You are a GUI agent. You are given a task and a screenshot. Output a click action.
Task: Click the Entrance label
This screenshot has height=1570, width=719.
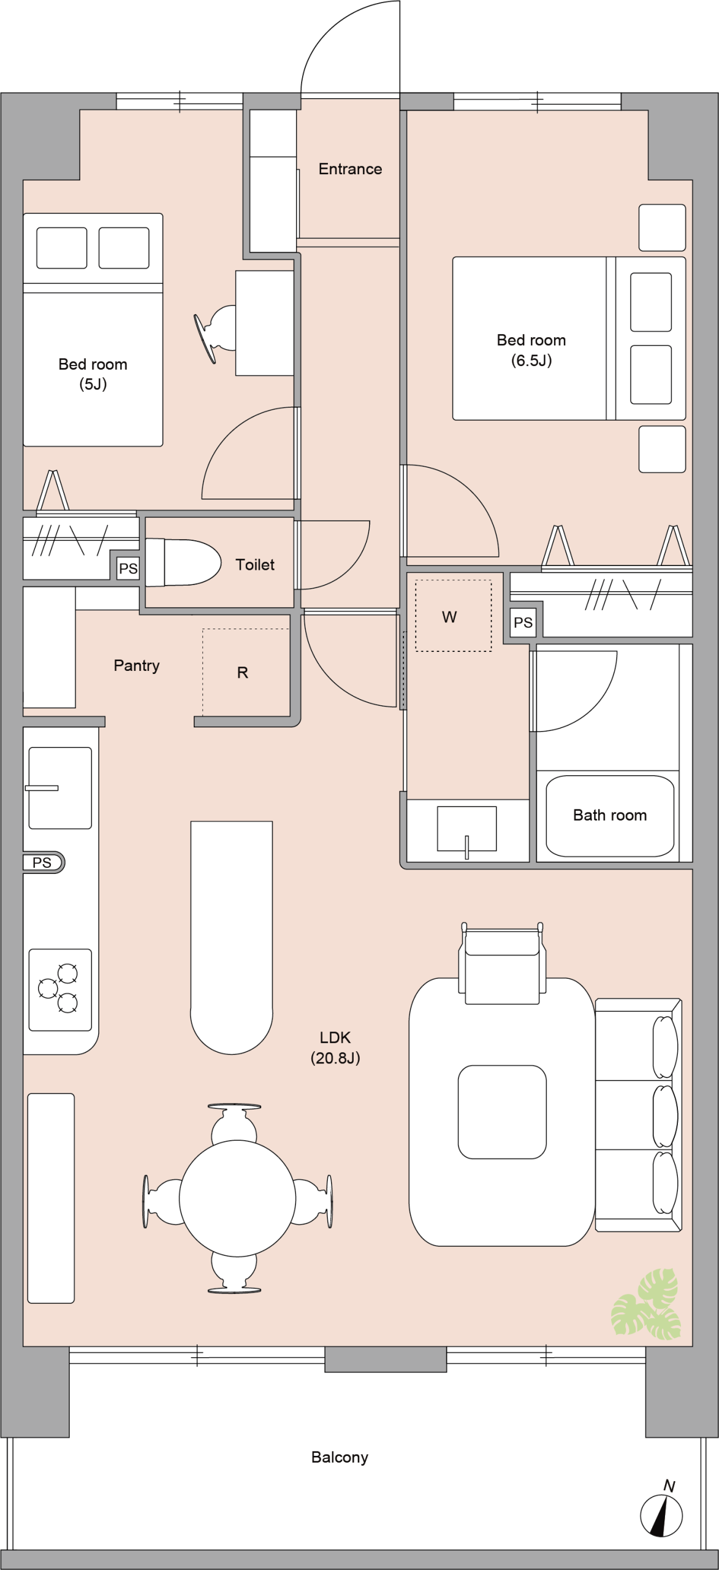(350, 169)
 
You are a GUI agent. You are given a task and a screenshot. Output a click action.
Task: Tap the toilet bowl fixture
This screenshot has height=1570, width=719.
(183, 562)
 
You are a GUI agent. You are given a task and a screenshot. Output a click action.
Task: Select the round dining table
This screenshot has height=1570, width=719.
(237, 1198)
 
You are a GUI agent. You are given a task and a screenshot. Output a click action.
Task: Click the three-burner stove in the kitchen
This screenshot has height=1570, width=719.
(60, 990)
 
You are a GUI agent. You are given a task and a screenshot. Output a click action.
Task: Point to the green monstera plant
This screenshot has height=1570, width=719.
(645, 1304)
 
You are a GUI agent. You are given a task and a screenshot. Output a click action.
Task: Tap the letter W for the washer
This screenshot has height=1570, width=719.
(449, 617)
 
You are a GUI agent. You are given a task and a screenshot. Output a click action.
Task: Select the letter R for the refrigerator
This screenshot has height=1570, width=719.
(243, 673)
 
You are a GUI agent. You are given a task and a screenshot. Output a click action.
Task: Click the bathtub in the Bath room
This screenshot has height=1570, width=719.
(610, 816)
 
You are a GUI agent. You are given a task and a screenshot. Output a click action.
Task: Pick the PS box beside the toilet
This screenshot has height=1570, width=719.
(128, 569)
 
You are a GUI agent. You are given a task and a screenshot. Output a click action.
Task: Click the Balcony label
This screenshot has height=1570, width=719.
(340, 1457)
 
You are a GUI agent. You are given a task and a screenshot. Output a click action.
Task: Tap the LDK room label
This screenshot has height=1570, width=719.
(335, 1047)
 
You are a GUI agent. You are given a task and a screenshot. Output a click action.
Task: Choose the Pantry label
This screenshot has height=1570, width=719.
(137, 665)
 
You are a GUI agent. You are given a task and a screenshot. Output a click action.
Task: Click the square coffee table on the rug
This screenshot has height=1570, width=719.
(502, 1112)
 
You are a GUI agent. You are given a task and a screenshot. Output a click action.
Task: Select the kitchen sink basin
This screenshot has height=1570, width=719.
(60, 788)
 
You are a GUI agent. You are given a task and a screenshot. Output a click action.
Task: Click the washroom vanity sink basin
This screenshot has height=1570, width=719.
(466, 829)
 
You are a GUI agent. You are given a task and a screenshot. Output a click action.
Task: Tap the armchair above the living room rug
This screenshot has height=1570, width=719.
(502, 963)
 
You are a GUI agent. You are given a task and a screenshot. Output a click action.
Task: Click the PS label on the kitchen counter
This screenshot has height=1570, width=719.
(42, 862)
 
